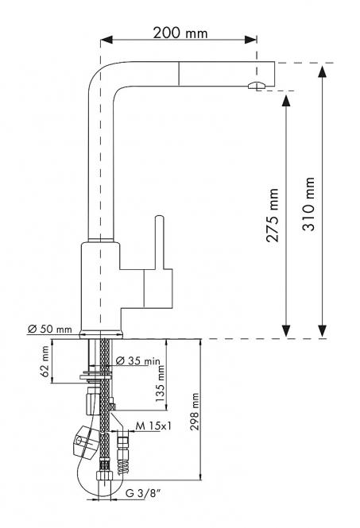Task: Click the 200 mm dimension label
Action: (x=180, y=33)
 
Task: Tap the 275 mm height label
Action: (x=273, y=215)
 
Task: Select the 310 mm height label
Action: (x=308, y=204)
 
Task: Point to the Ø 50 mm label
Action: (x=50, y=329)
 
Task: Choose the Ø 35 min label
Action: (x=137, y=360)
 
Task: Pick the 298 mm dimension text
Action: (x=195, y=411)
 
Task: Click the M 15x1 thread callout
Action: (x=153, y=426)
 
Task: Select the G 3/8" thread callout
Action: (x=142, y=494)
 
